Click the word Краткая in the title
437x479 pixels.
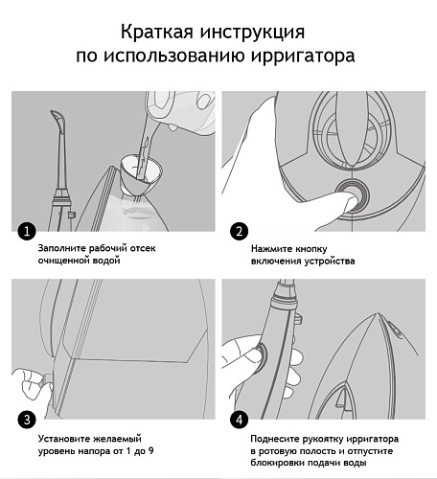tap(157, 32)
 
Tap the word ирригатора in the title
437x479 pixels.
tap(302, 56)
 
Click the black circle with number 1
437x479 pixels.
tap(27, 231)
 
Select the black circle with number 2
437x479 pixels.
tap(239, 231)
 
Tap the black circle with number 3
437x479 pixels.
tap(27, 420)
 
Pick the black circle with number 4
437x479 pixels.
tap(239, 420)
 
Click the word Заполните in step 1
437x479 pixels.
tap(62, 248)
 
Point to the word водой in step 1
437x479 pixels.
tap(106, 261)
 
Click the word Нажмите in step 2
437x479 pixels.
tap(271, 249)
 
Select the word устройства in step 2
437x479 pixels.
tap(330, 262)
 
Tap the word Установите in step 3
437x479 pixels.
tap(64, 439)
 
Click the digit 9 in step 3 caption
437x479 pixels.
tap(150, 451)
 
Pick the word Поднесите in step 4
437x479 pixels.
tap(274, 439)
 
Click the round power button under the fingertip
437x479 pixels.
tap(353, 195)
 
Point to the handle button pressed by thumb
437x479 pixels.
tap(262, 356)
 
